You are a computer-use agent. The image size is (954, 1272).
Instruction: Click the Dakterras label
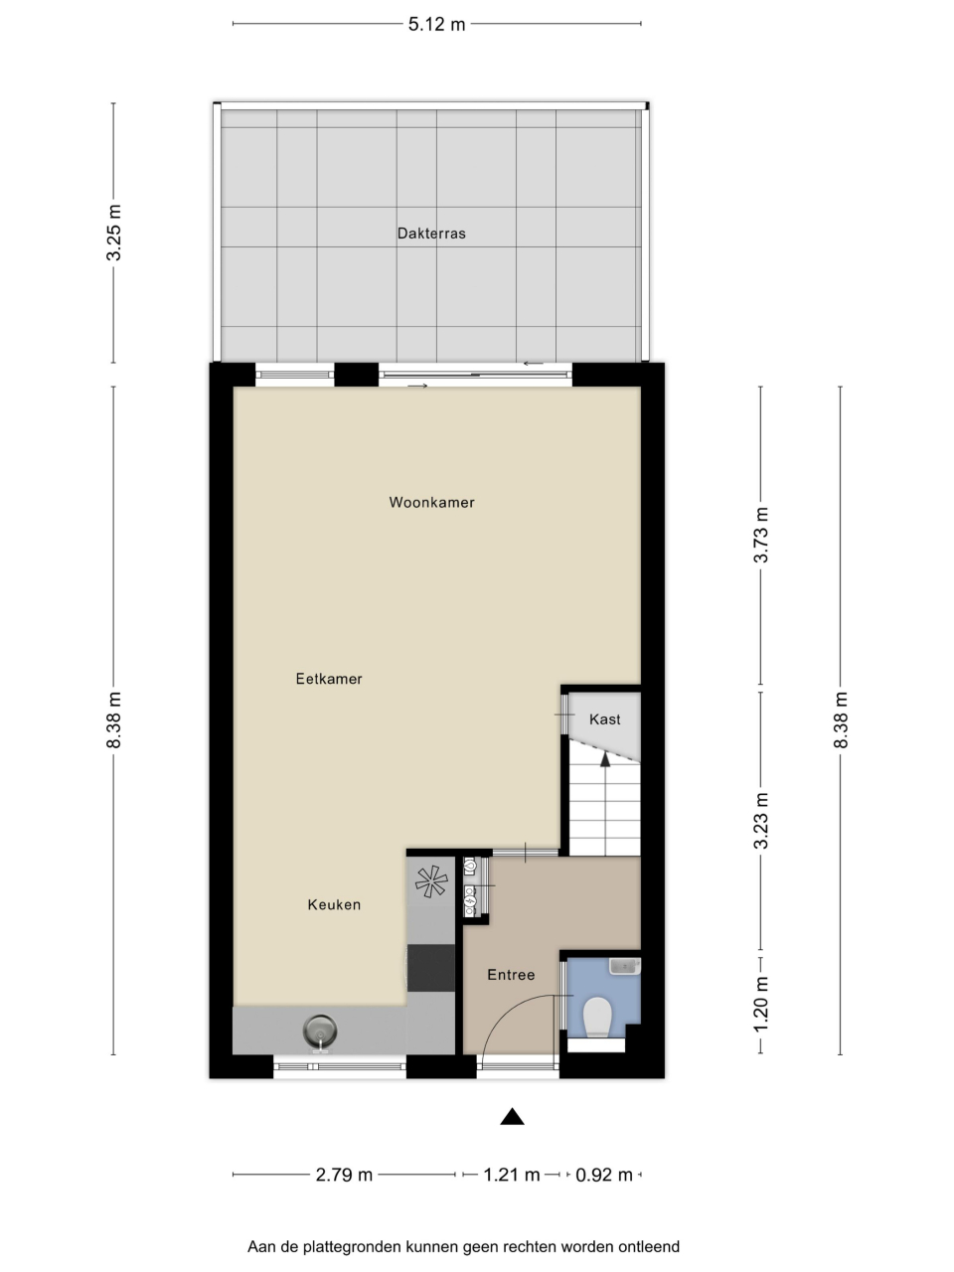coord(431,234)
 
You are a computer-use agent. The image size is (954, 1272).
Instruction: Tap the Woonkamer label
coord(431,503)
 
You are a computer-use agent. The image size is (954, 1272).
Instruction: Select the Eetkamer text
coord(328,679)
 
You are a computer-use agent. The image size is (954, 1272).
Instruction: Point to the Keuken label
coord(334,904)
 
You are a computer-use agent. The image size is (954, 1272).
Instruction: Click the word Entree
coord(511,975)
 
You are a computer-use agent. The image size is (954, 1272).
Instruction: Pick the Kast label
coord(605,719)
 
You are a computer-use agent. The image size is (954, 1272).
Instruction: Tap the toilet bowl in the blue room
coord(597,1017)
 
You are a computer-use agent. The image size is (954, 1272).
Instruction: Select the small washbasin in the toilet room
coord(624,966)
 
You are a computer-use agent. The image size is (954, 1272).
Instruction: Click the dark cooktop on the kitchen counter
coord(431,967)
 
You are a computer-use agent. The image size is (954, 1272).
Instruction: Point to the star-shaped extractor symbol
coord(431,881)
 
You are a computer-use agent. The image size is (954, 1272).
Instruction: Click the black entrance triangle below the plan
coord(512,1117)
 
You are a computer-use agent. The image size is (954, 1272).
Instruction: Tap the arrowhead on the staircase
coord(605,759)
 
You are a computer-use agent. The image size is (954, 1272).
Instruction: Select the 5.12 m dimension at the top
coord(436,24)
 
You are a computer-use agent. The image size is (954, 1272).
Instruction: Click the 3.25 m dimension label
coord(113,233)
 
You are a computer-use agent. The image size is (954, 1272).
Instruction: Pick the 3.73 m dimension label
coord(760,535)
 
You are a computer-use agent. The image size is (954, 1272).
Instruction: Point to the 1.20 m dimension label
coord(760,1004)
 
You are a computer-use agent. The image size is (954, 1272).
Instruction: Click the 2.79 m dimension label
coord(344,1175)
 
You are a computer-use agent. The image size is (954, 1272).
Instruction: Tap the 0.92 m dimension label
coord(604,1175)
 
